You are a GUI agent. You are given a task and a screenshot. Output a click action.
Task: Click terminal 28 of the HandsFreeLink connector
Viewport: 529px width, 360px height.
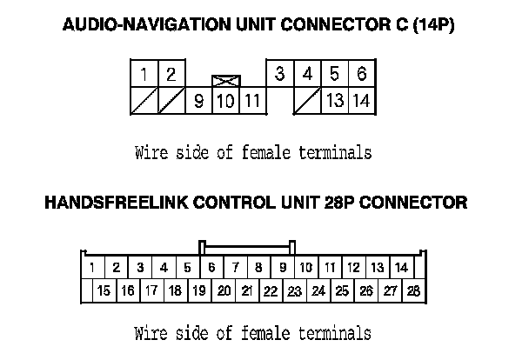pos(413,291)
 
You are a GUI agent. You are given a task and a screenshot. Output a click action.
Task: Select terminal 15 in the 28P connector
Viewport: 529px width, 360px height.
pos(104,291)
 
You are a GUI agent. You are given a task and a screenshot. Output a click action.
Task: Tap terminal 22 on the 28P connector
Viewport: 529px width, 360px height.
pos(271,291)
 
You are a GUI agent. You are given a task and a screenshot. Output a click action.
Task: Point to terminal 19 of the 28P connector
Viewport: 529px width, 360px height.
pos(199,291)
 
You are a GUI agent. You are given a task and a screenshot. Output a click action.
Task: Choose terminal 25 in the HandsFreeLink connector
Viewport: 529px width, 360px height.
pos(342,291)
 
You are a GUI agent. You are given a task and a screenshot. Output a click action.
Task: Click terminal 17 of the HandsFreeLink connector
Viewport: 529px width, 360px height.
pos(151,291)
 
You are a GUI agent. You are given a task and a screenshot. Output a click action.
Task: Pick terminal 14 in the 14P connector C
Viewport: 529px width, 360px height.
pos(361,101)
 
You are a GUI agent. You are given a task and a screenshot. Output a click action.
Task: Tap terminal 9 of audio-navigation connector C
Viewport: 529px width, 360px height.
pos(198,101)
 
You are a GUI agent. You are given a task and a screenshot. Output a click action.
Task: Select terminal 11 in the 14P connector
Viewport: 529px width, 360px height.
pos(252,101)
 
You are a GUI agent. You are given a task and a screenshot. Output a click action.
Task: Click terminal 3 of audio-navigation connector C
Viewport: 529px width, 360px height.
pos(279,74)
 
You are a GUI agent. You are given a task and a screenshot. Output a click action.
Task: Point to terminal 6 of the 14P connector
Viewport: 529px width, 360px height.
pos(361,74)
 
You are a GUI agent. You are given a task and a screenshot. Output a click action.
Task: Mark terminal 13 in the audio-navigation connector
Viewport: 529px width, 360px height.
pos(334,101)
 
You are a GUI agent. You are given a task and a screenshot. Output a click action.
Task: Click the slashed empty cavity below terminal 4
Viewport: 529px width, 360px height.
pos(306,101)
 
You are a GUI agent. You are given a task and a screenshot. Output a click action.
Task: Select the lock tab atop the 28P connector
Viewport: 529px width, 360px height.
pos(248,246)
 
